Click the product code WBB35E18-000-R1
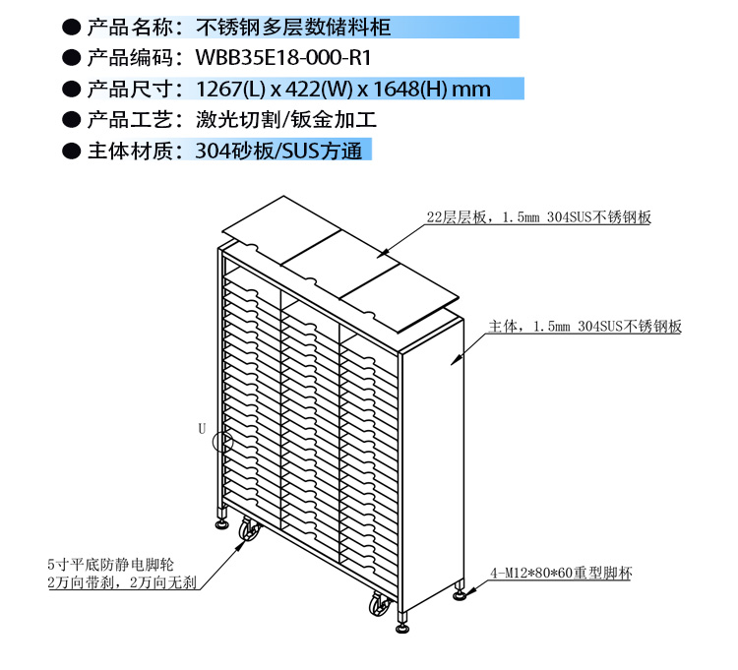[283, 58]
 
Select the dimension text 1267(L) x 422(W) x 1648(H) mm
[343, 89]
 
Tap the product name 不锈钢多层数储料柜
[293, 28]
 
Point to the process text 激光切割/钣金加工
[286, 119]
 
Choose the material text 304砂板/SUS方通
[278, 151]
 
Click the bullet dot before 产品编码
[72, 58]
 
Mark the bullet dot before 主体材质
[72, 152]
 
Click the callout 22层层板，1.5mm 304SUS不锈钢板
[539, 216]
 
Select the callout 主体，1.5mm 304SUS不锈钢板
[584, 326]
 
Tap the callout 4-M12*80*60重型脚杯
[561, 573]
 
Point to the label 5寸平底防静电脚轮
[110, 564]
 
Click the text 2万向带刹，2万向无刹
[122, 582]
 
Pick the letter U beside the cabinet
[202, 428]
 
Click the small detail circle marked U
[222, 442]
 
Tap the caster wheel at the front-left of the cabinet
[249, 529]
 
